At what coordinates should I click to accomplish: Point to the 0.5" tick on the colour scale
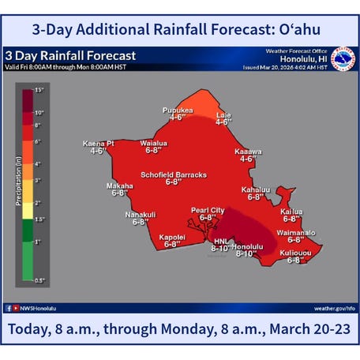(39, 281)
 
